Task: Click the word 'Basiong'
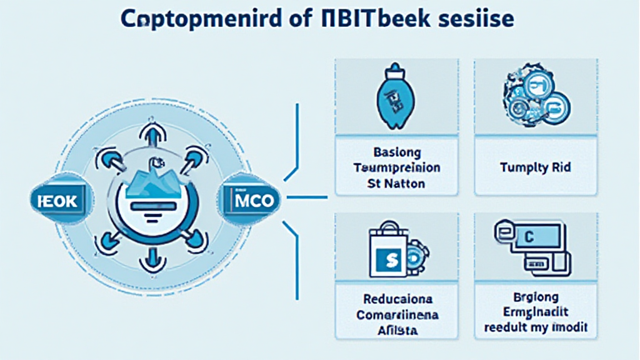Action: [x=397, y=152]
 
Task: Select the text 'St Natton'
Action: [x=397, y=184]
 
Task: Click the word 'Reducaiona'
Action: [x=397, y=299]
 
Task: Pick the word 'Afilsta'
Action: [x=397, y=331]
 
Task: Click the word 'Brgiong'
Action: [x=536, y=296]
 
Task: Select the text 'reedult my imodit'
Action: [x=536, y=327]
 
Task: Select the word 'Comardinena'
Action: [x=397, y=315]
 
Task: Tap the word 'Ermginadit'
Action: [x=536, y=312]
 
